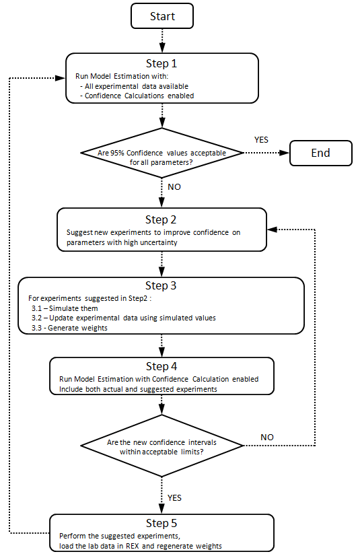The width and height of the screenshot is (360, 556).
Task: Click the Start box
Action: [162, 16]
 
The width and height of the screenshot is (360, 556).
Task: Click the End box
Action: [321, 153]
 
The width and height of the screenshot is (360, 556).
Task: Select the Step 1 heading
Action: [161, 63]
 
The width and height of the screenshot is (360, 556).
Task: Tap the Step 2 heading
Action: [161, 219]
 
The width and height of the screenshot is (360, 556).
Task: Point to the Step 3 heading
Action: [161, 285]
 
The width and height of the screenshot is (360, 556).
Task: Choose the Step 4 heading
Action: [161, 366]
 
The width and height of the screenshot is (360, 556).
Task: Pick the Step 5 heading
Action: [161, 523]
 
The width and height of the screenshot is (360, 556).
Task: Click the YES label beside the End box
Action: [261, 140]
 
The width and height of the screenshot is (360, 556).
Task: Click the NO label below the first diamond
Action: [174, 187]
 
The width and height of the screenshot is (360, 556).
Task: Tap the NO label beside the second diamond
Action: [267, 438]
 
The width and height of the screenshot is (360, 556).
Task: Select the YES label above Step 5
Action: [174, 498]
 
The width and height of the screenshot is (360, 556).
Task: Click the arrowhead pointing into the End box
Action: [285, 153]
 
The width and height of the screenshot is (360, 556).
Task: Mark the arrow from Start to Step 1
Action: [162, 41]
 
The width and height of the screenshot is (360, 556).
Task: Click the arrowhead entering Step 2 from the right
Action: [272, 230]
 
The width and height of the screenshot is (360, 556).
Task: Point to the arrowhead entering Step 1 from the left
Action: [61, 78]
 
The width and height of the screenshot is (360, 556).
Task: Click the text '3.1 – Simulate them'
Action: [65, 308]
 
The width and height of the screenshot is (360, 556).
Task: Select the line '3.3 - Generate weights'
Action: [69, 328]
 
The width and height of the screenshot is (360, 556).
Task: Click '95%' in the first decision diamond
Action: [117, 153]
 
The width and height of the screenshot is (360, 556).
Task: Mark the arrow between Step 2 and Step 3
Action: [161, 264]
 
